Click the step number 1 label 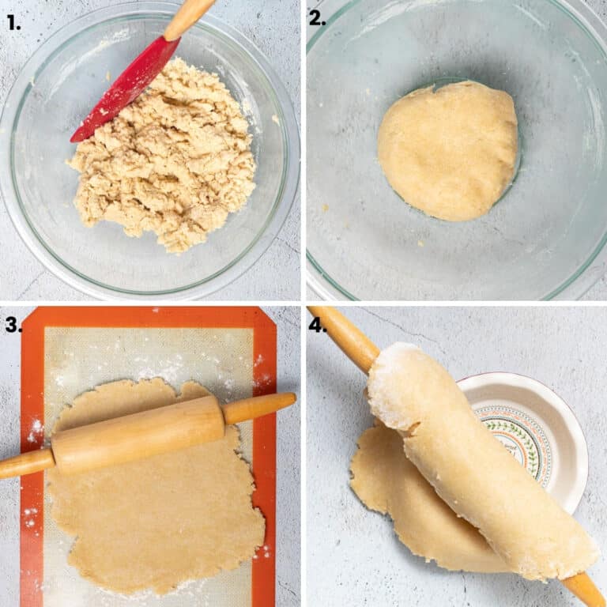point(13,22)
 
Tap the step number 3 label point(13,324)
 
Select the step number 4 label point(317,324)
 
